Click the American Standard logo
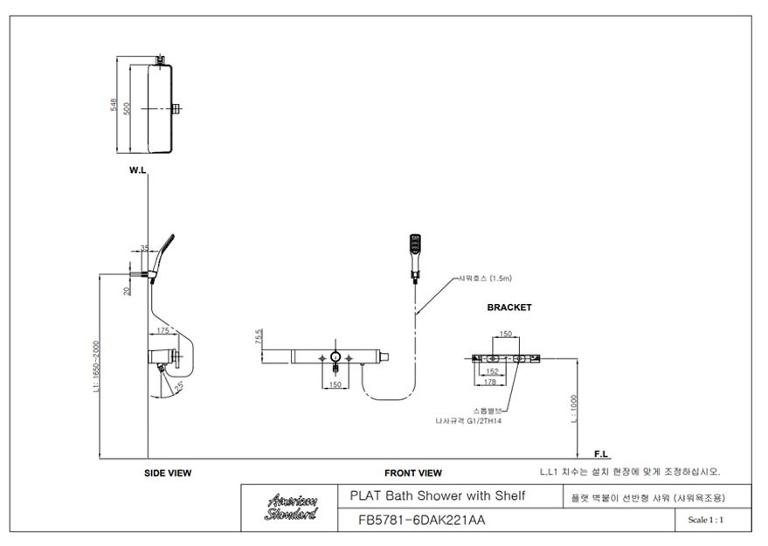(x=291, y=506)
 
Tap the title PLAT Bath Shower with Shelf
(x=438, y=495)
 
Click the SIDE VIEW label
(x=168, y=473)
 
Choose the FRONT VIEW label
(x=413, y=473)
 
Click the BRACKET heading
(x=509, y=308)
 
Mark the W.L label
(x=137, y=172)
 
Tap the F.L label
(x=602, y=454)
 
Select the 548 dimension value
(x=114, y=105)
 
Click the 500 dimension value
(x=127, y=107)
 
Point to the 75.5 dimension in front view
(x=259, y=338)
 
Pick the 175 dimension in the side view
(x=163, y=330)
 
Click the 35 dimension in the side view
(x=144, y=248)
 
